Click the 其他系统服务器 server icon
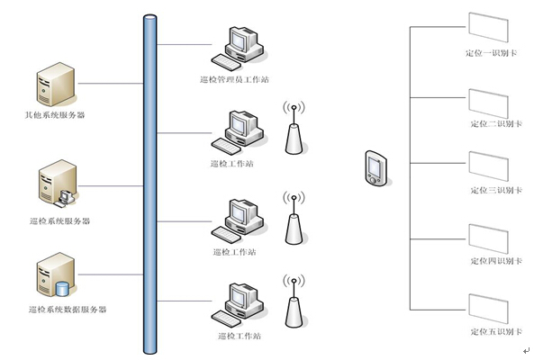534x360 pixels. tap(56, 84)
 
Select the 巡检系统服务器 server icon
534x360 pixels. tap(57, 182)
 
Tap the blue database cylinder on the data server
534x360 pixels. tap(62, 289)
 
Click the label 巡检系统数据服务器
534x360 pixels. tap(68, 310)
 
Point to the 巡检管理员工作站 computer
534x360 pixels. tap(239, 49)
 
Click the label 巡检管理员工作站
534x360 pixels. tap(234, 79)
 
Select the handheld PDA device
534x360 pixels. tap(376, 168)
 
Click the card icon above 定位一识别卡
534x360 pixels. tap(488, 27)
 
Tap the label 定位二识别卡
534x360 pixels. tap(496, 124)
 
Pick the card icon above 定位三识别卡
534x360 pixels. tap(488, 166)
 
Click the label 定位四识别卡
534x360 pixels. tap(496, 261)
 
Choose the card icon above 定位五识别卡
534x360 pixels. tap(488, 309)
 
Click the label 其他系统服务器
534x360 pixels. tap(55, 115)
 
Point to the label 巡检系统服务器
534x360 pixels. tap(59, 221)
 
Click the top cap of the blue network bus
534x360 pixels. tap(149, 17)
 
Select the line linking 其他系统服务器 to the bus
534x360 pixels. tap(111, 84)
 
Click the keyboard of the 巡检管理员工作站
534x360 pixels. tap(226, 62)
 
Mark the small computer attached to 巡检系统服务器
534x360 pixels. tap(66, 198)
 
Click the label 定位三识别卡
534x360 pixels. tap(496, 190)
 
